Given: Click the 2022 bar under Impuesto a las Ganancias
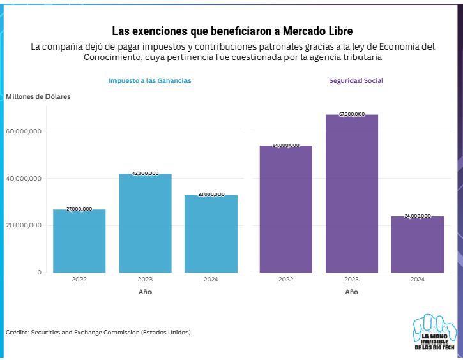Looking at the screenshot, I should click(79, 241).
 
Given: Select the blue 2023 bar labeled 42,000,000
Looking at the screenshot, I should click(145, 223).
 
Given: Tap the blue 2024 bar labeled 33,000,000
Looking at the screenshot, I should click(211, 234).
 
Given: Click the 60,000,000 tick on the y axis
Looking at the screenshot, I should click(24, 131).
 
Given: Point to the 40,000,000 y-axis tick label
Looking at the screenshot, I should click(24, 179).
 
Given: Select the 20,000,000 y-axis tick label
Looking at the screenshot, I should click(24, 225).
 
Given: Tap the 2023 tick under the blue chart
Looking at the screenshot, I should click(145, 280).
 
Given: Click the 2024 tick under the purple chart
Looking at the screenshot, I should click(417, 280).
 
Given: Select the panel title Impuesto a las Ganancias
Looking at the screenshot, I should click(149, 81).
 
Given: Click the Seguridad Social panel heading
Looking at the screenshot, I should click(356, 81).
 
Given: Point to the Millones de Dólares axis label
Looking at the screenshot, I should click(38, 96).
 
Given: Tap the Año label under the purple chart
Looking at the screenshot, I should click(351, 292).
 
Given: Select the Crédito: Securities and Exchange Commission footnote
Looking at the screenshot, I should click(98, 333).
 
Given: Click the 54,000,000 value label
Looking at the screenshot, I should click(285, 146).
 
